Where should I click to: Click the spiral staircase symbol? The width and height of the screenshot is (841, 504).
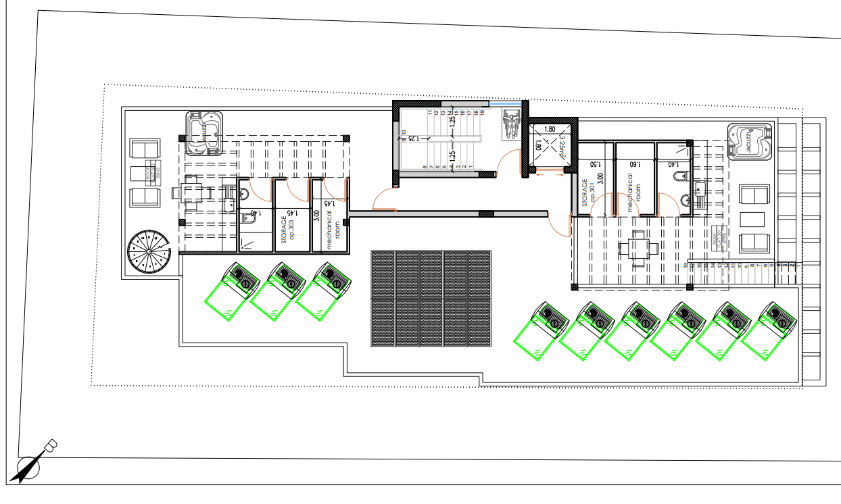coord(148,253)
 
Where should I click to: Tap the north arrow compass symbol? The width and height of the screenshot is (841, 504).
coord(32,463)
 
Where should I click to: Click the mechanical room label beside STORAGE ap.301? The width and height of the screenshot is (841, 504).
coord(634,193)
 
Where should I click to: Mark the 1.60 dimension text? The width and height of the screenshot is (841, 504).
coord(634,164)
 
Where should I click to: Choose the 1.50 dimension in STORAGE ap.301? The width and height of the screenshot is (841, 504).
coord(596,164)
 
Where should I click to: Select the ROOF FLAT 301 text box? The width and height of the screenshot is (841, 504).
coord(717,237)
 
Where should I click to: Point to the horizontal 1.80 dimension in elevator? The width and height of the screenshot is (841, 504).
coord(549,128)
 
